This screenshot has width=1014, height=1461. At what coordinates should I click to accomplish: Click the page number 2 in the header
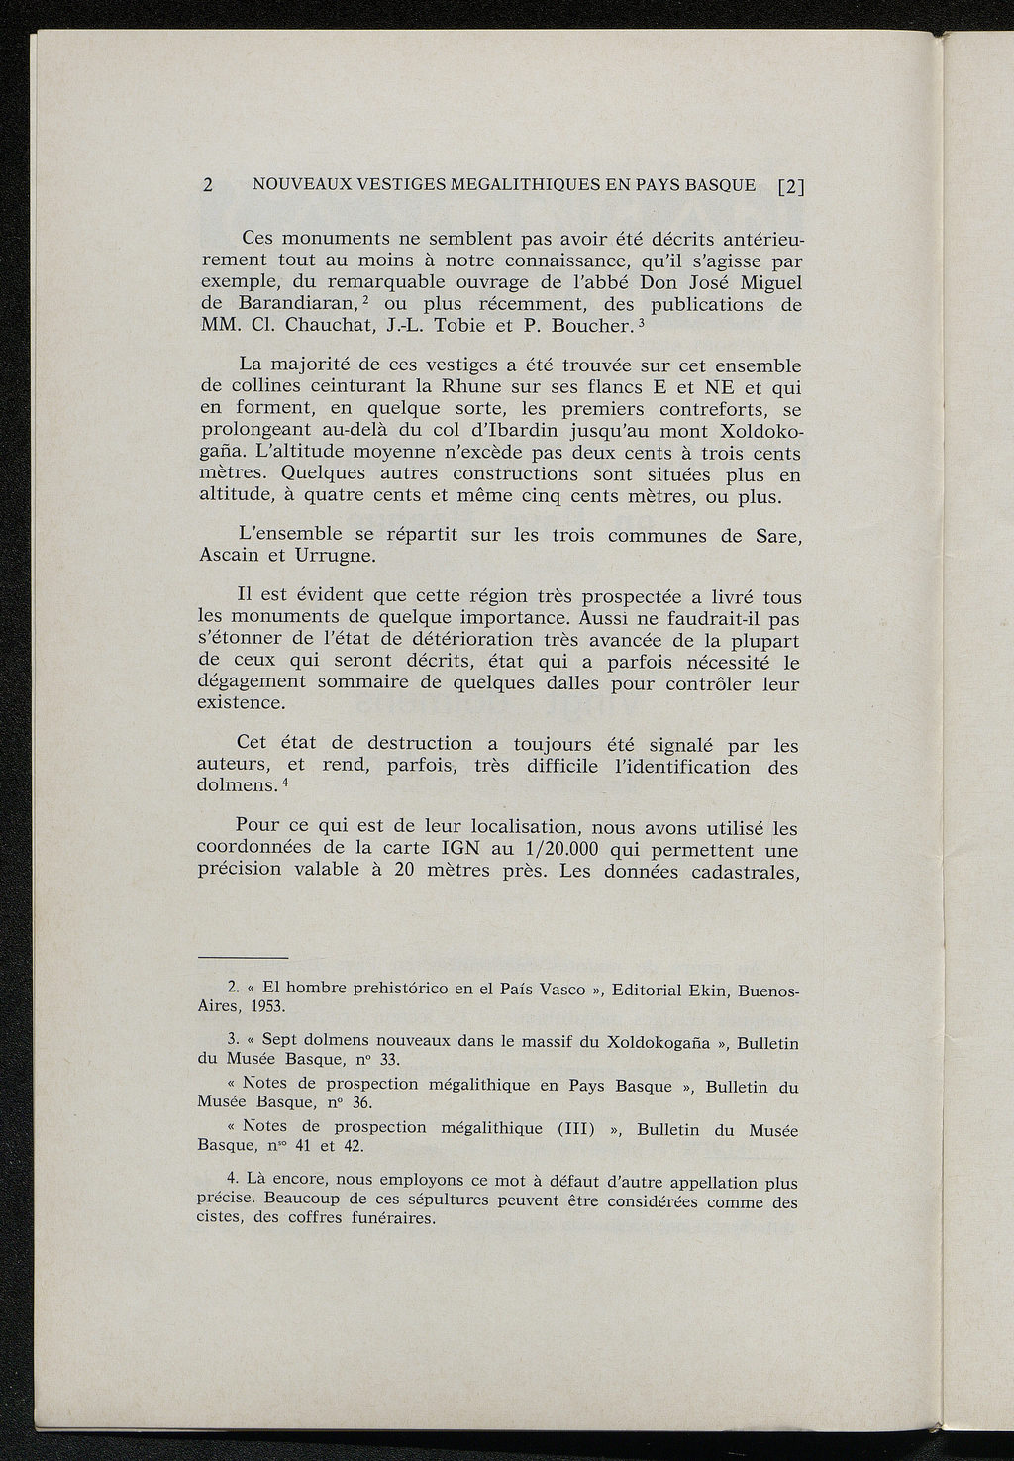[208, 184]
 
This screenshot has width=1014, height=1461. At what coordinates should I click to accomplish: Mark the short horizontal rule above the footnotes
[243, 958]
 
